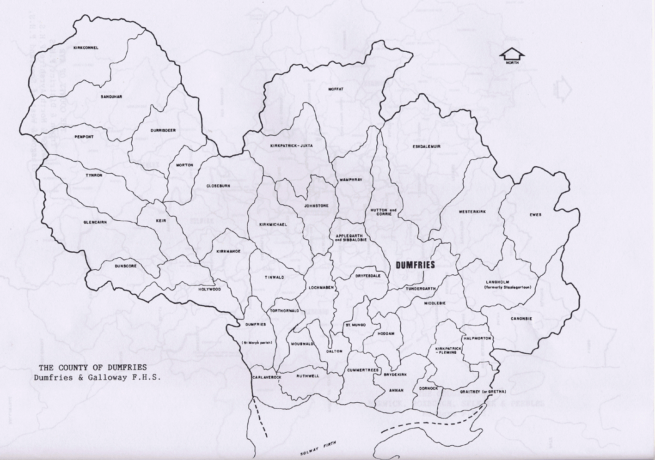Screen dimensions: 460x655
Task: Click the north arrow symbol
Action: click(x=512, y=54)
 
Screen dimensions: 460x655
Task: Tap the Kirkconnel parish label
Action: click(x=86, y=48)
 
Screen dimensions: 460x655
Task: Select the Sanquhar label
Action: click(x=111, y=97)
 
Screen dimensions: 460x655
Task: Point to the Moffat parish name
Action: click(x=336, y=89)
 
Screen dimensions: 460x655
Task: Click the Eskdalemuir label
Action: click(x=426, y=146)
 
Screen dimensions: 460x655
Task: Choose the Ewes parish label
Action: click(x=535, y=214)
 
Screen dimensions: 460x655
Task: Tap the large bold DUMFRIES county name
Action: click(x=416, y=265)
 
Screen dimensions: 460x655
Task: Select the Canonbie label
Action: click(x=521, y=319)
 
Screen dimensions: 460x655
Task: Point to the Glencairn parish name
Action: click(x=95, y=222)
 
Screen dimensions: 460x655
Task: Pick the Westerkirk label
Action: click(x=472, y=212)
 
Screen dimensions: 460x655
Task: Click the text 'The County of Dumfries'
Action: click(x=92, y=368)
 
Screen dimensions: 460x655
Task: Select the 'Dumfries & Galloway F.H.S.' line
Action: click(x=97, y=377)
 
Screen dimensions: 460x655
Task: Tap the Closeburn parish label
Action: click(x=218, y=186)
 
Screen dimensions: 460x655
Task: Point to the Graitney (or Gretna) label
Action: click(x=483, y=392)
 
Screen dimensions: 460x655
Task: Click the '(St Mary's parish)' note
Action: click(x=257, y=343)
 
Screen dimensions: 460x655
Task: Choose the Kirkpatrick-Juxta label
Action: click(x=291, y=146)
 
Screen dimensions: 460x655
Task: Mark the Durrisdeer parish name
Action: click(x=163, y=130)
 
